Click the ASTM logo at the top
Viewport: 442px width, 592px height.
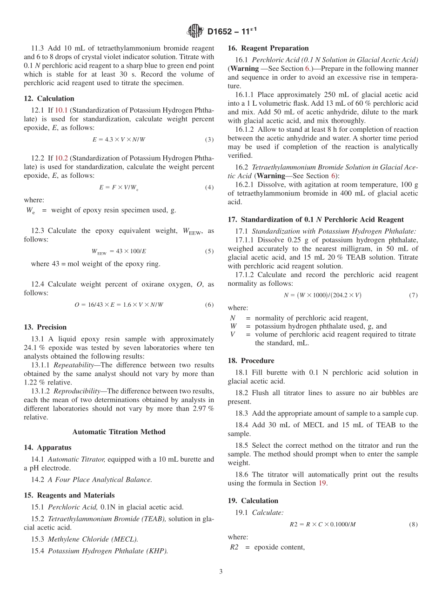point(195,32)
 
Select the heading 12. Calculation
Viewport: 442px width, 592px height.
point(49,98)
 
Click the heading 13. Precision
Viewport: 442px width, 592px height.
point(45,327)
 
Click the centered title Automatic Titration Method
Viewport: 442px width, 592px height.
point(119,432)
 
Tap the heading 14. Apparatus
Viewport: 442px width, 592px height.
point(47,448)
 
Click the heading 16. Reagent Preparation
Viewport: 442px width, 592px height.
point(268,48)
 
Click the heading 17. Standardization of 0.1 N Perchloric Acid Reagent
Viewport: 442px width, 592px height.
point(315,220)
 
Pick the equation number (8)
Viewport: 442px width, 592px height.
point(413,525)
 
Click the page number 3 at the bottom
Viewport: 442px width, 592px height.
point(221,572)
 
